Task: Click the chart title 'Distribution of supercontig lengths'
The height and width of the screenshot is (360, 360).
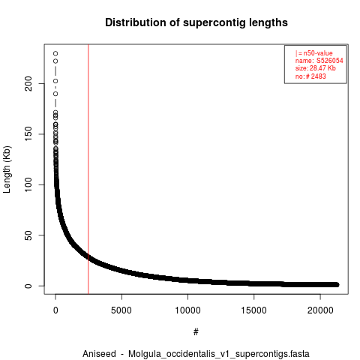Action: [x=196, y=22]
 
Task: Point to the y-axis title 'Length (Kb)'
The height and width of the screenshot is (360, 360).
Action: [x=7, y=169]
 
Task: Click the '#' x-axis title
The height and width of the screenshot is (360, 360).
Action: [x=196, y=332]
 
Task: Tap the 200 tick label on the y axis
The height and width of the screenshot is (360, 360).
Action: [x=28, y=84]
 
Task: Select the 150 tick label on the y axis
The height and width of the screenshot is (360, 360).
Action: [x=28, y=134]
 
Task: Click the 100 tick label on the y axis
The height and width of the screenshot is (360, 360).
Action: [x=28, y=184]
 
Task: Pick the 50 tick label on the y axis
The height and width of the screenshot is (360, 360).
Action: [x=28, y=235]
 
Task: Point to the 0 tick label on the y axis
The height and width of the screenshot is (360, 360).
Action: [x=28, y=286]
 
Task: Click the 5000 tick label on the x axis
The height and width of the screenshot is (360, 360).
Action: [x=121, y=310]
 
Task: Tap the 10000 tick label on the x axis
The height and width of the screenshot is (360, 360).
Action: [x=187, y=310]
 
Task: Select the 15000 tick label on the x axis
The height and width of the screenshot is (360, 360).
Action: [x=253, y=310]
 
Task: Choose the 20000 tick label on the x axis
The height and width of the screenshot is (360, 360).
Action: [x=320, y=310]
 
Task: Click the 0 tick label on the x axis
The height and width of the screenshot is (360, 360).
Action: [x=55, y=310]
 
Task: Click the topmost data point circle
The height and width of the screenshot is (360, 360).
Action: [x=55, y=53]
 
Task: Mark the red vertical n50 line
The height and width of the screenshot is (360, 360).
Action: [x=88, y=169]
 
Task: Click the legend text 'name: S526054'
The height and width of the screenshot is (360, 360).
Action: [x=319, y=61]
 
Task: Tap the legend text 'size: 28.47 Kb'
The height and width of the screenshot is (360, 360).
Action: [x=315, y=68]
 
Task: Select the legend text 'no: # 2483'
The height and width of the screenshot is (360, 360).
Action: [x=310, y=76]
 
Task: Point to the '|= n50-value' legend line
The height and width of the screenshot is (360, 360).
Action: [x=314, y=53]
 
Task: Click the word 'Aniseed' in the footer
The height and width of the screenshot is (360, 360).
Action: [x=99, y=354]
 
